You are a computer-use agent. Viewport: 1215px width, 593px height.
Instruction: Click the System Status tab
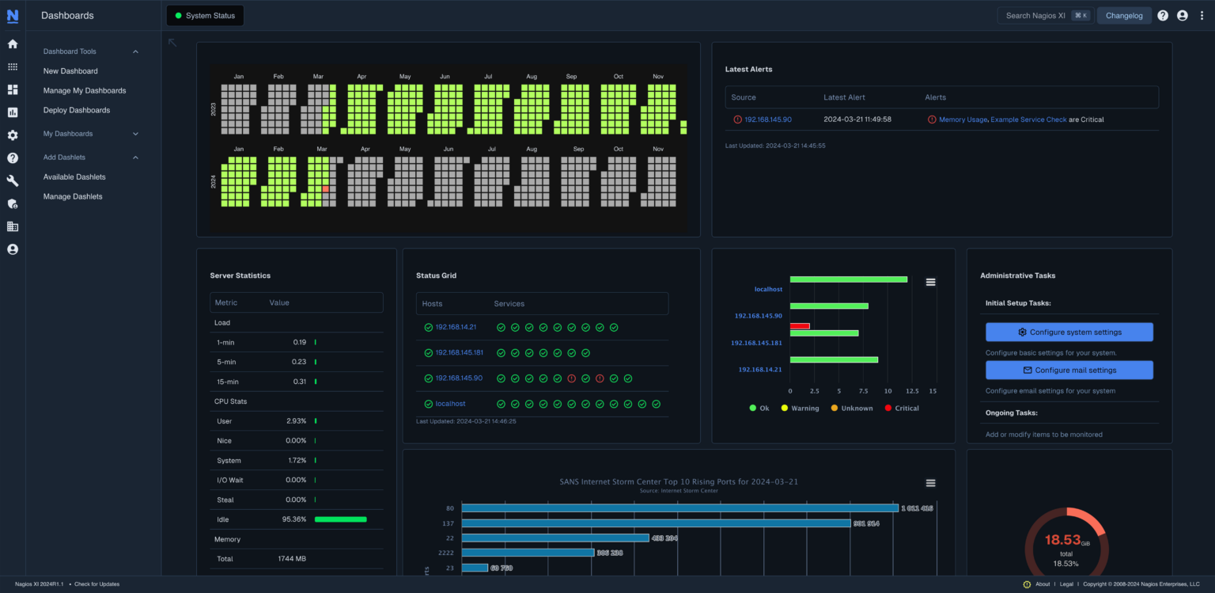click(205, 16)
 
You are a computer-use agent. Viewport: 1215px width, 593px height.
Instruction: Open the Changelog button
click(1123, 16)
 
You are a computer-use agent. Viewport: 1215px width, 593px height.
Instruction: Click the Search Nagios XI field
click(1035, 16)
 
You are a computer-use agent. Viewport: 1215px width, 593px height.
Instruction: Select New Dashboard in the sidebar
click(70, 71)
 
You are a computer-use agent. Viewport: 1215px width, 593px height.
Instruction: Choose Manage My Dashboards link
click(85, 91)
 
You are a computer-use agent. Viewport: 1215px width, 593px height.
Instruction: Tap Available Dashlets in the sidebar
click(74, 177)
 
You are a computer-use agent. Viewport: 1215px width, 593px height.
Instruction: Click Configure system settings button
click(1069, 332)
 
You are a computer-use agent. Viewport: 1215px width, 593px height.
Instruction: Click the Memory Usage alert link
click(963, 120)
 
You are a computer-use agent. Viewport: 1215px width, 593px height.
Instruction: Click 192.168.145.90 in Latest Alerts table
click(767, 120)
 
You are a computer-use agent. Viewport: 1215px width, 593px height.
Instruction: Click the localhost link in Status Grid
click(450, 404)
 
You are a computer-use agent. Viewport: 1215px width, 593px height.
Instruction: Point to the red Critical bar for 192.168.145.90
click(800, 326)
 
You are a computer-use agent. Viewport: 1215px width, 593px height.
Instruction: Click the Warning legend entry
click(800, 409)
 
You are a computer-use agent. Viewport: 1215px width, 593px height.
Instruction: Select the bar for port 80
click(679, 508)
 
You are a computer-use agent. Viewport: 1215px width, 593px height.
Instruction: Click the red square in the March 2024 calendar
click(325, 189)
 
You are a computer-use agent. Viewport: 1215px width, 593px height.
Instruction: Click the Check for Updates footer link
click(97, 584)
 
